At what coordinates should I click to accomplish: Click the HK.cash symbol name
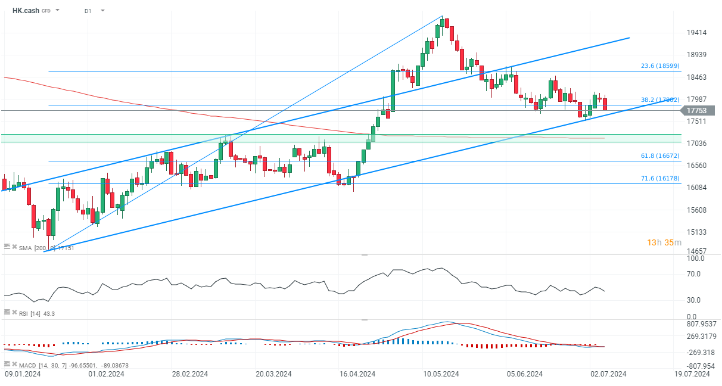(26, 11)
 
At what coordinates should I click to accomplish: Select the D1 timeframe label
(88, 11)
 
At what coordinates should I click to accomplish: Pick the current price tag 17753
(696, 110)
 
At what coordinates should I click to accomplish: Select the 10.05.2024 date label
(441, 374)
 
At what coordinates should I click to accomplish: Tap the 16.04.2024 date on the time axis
(357, 374)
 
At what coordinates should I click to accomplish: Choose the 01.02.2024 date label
(106, 374)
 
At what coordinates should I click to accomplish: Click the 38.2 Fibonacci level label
(659, 100)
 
